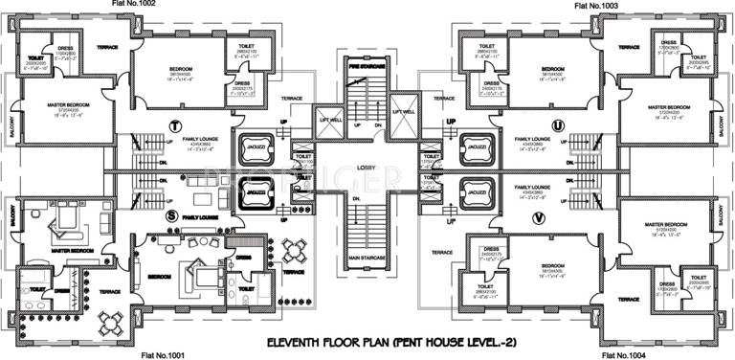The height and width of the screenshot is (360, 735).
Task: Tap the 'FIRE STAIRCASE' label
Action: point(366,66)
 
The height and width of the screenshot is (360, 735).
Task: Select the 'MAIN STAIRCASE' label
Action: point(367,258)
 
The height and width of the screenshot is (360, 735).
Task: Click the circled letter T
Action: point(174,126)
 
